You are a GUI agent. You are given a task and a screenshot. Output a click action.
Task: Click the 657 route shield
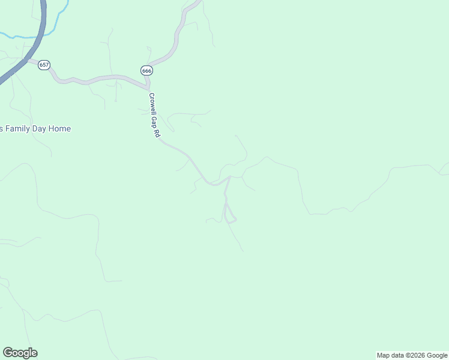click(x=43, y=65)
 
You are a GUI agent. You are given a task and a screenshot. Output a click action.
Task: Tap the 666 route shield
click(x=147, y=70)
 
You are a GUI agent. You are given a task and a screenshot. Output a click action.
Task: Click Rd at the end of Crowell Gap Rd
click(x=158, y=134)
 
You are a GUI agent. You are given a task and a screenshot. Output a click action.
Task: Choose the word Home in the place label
click(x=61, y=129)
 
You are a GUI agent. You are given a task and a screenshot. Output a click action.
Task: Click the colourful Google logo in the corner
click(x=20, y=353)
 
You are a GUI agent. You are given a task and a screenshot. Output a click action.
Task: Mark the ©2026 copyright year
click(x=417, y=355)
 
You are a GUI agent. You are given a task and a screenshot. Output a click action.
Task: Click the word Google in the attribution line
click(x=438, y=355)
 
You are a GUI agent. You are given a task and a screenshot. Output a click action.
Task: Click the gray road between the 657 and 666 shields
click(x=96, y=78)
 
